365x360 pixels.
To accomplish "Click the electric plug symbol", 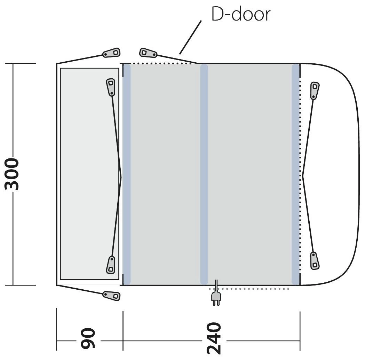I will (216, 298).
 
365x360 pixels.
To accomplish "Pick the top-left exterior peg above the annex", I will (112, 53).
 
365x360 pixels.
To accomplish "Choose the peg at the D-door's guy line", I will (148, 53).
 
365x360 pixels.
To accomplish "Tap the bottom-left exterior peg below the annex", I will (112, 295).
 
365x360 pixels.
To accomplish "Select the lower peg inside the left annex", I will (111, 265).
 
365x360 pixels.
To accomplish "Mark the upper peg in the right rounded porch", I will (314, 90).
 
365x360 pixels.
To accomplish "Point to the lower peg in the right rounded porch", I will (314, 260).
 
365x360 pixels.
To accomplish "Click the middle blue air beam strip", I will (204, 174).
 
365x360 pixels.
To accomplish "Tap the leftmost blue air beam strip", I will (127, 174).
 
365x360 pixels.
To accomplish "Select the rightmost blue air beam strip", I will (295, 174).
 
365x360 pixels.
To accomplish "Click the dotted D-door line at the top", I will (157, 63).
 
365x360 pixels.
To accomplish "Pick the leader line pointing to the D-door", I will (190, 37).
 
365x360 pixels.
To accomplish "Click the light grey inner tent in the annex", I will (89, 174).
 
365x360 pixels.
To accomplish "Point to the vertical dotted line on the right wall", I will (300, 139).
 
